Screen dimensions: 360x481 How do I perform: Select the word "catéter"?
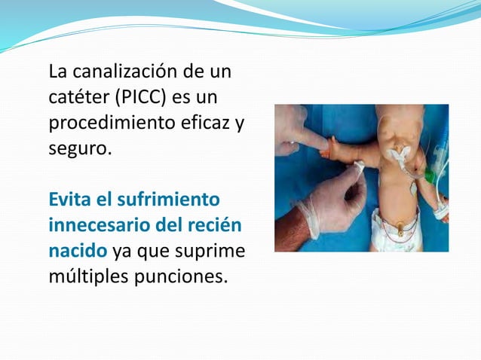click(75, 99)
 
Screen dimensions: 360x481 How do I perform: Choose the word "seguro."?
click(80, 149)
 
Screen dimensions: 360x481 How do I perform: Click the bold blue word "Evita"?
click(70, 200)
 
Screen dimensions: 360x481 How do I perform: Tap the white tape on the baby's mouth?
click(395, 154)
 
